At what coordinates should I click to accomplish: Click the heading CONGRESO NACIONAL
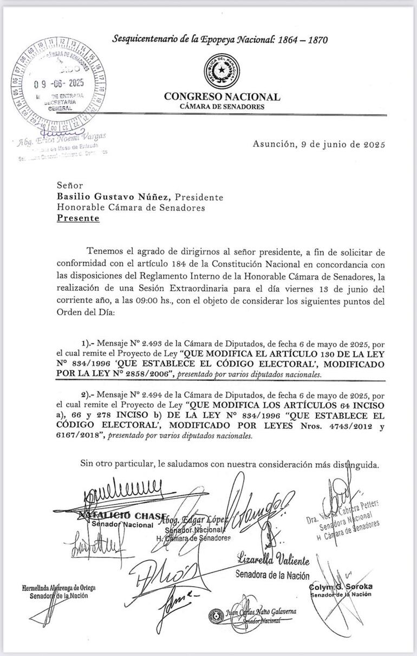pyautogui.click(x=222, y=97)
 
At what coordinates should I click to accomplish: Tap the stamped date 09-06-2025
pyautogui.click(x=58, y=83)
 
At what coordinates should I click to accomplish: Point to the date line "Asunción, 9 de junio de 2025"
pyautogui.click(x=318, y=145)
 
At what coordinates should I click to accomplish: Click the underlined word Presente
pyautogui.click(x=79, y=218)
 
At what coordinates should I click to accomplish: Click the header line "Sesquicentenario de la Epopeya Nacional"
pyautogui.click(x=219, y=39)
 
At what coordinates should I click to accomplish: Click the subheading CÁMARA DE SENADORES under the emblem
pyautogui.click(x=222, y=107)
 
